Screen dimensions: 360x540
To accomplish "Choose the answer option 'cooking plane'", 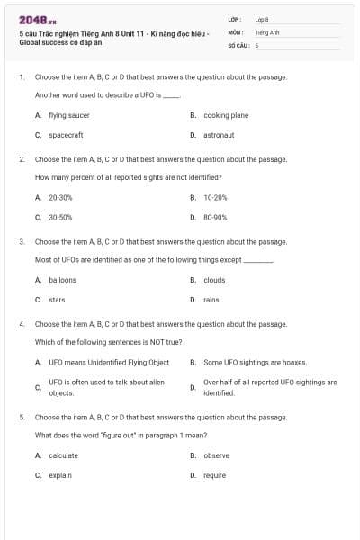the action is [x=226, y=115].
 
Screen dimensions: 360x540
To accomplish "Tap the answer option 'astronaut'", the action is [x=219, y=135].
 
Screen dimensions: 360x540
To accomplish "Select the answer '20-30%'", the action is [x=60, y=197].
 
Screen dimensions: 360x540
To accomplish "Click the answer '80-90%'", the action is [x=215, y=217].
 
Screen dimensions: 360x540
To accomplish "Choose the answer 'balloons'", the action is [x=62, y=280].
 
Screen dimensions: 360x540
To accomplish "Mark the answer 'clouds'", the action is [x=214, y=280].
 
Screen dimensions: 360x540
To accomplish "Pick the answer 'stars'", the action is [x=57, y=300].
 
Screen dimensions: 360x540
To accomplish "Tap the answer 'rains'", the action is [x=211, y=300].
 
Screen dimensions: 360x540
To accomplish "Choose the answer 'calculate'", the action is [x=63, y=455].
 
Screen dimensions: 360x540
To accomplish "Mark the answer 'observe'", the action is [x=216, y=455].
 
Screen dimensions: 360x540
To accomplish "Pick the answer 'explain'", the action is [x=60, y=475].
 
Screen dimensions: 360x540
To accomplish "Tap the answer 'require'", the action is [x=214, y=475].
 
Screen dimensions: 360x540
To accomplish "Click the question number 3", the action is [x=22, y=242].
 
